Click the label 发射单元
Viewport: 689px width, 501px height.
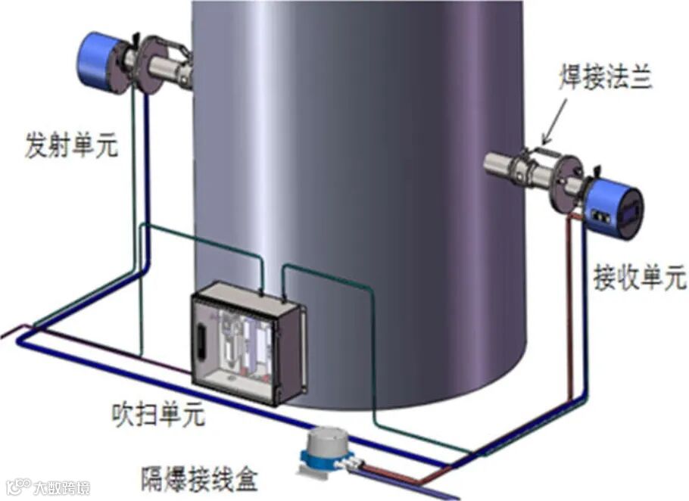tap(72, 145)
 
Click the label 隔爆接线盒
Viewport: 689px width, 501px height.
tap(200, 479)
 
